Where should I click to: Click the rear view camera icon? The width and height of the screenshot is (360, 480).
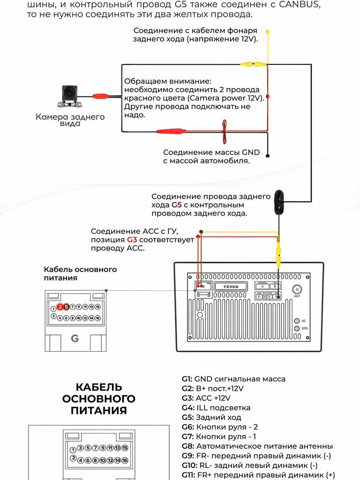click(70, 95)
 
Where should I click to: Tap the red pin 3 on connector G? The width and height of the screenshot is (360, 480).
click(60, 307)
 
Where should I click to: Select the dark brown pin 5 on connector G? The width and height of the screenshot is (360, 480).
click(66, 307)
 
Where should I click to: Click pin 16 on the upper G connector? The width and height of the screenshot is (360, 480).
click(98, 318)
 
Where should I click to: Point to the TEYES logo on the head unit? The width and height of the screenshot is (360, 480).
click(231, 286)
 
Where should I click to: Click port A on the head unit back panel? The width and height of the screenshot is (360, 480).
click(262, 286)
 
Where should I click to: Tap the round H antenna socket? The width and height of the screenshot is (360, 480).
click(296, 289)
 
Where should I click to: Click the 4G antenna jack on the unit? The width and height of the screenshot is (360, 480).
click(296, 321)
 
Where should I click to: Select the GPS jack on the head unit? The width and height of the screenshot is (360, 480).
click(296, 328)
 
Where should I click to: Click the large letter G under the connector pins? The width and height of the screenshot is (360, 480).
click(75, 338)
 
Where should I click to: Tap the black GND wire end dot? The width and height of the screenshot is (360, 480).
click(268, 156)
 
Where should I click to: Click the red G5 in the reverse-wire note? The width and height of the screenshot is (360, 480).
click(176, 205)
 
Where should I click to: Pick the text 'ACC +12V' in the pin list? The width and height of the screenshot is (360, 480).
click(213, 398)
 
